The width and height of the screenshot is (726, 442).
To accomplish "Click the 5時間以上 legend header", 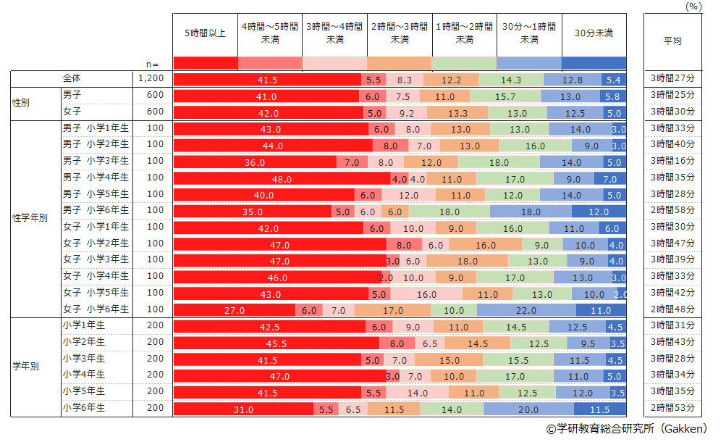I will click(205, 33).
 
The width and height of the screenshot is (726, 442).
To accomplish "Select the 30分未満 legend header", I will click(594, 33).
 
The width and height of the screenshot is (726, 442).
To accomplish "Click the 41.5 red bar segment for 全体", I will click(267, 80).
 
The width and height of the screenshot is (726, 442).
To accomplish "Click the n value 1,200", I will click(151, 78).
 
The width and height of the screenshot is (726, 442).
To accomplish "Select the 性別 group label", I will click(22, 104).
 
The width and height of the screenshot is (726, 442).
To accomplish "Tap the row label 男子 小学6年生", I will click(96, 210).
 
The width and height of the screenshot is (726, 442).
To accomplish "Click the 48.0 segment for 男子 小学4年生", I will click(282, 179).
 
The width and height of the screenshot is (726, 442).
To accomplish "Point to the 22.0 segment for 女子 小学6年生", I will click(526, 310).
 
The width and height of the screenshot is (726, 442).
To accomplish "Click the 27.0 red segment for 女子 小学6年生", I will click(234, 310).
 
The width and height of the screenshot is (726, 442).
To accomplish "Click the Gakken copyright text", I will click(626, 429).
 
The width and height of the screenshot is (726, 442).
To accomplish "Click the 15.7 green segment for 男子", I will click(504, 96).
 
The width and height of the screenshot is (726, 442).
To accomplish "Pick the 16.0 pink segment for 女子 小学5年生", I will click(426, 294).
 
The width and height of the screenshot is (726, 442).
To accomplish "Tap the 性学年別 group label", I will click(30, 218).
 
